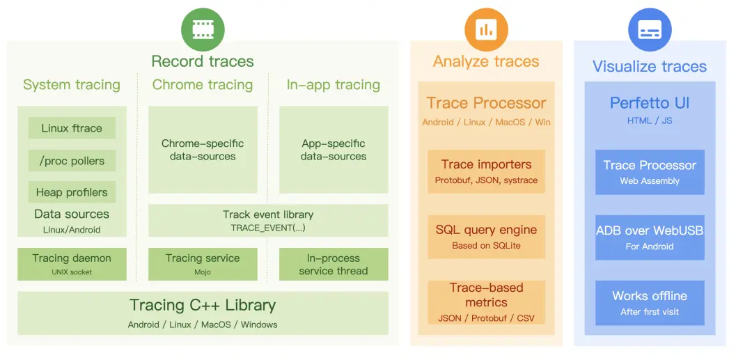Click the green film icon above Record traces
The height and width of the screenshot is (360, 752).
pyautogui.click(x=203, y=29)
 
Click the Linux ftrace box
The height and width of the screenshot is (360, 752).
pyautogui.click(x=72, y=128)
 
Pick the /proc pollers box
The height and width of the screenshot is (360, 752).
pyautogui.click(x=72, y=161)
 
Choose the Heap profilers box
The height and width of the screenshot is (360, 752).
pyautogui.click(x=72, y=192)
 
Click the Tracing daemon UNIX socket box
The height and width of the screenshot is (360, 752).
pyautogui.click(x=72, y=264)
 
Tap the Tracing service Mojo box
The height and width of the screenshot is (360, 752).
pyautogui.click(x=203, y=264)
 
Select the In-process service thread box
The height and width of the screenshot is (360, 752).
pyautogui.click(x=334, y=264)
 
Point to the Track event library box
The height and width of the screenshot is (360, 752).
pyautogui.click(x=268, y=220)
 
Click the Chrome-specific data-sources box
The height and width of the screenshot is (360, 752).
pyautogui.click(x=203, y=150)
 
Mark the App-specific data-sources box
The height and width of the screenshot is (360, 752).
pyautogui.click(x=334, y=150)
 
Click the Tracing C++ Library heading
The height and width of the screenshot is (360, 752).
pyautogui.click(x=203, y=305)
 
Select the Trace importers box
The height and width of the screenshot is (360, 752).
pyautogui.click(x=486, y=171)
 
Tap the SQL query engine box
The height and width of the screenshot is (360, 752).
pyautogui.click(x=486, y=237)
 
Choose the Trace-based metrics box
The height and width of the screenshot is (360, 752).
pyautogui.click(x=486, y=302)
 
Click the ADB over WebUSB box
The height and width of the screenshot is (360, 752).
pyautogui.click(x=650, y=237)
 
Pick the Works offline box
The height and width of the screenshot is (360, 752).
pyautogui.click(x=650, y=302)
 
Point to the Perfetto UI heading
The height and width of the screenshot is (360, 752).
pyautogui.click(x=650, y=103)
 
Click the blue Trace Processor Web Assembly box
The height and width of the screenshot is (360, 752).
pyautogui.click(x=650, y=171)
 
